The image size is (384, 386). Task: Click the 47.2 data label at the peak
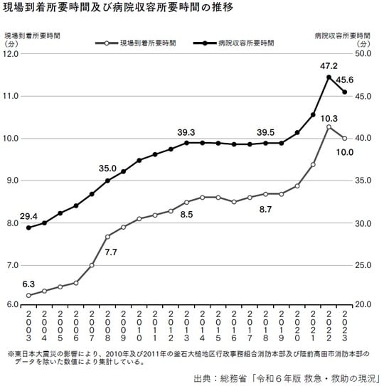coord(328,65)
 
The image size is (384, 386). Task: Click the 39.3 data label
coord(186,132)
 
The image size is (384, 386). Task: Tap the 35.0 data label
coord(108,168)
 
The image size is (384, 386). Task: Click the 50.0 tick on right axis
coord(364,53)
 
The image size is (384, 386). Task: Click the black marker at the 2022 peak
coord(329,77)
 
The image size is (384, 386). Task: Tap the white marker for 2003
coord(28,295)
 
